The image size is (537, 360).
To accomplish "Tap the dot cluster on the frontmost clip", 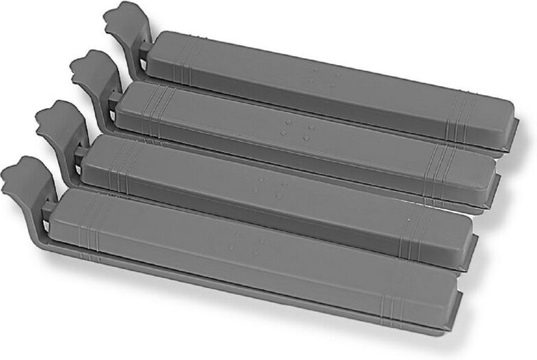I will (246, 243).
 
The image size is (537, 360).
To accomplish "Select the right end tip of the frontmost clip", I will (457, 312).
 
